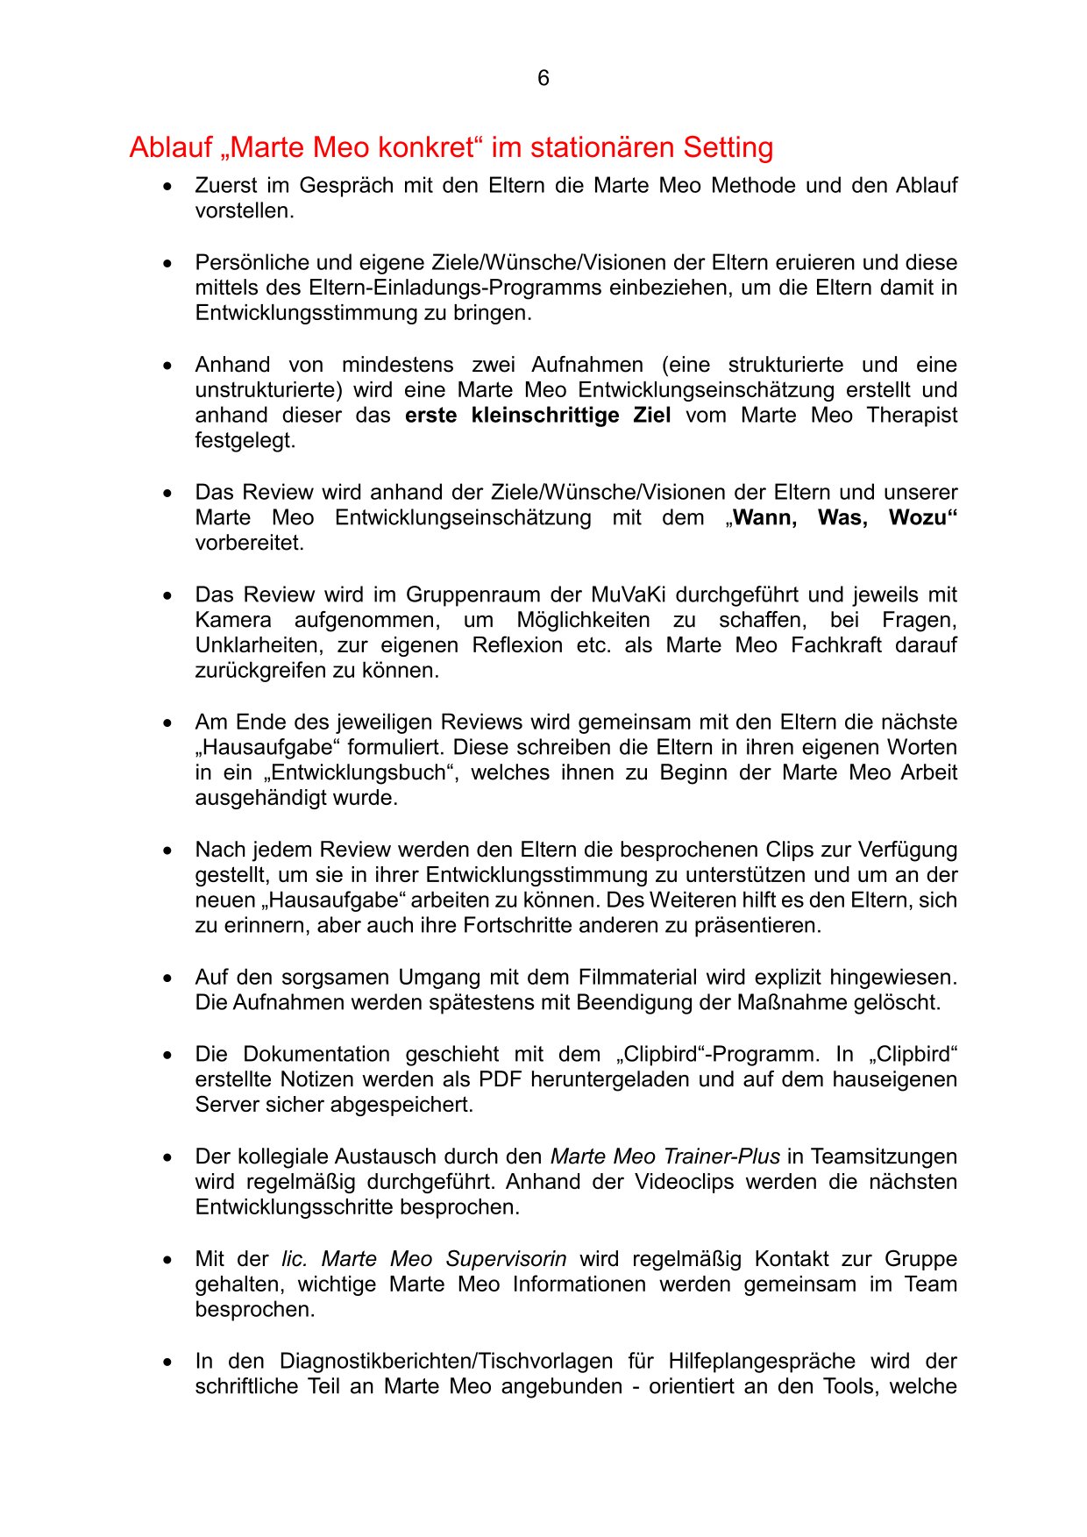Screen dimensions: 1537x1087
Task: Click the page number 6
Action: point(543,79)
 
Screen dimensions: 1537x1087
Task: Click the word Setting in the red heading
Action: point(728,148)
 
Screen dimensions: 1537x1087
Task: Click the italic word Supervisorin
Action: point(506,1260)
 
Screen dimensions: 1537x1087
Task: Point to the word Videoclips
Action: point(685,1183)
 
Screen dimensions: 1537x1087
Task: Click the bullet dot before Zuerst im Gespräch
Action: point(167,187)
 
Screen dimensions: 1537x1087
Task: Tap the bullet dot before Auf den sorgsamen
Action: point(167,978)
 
